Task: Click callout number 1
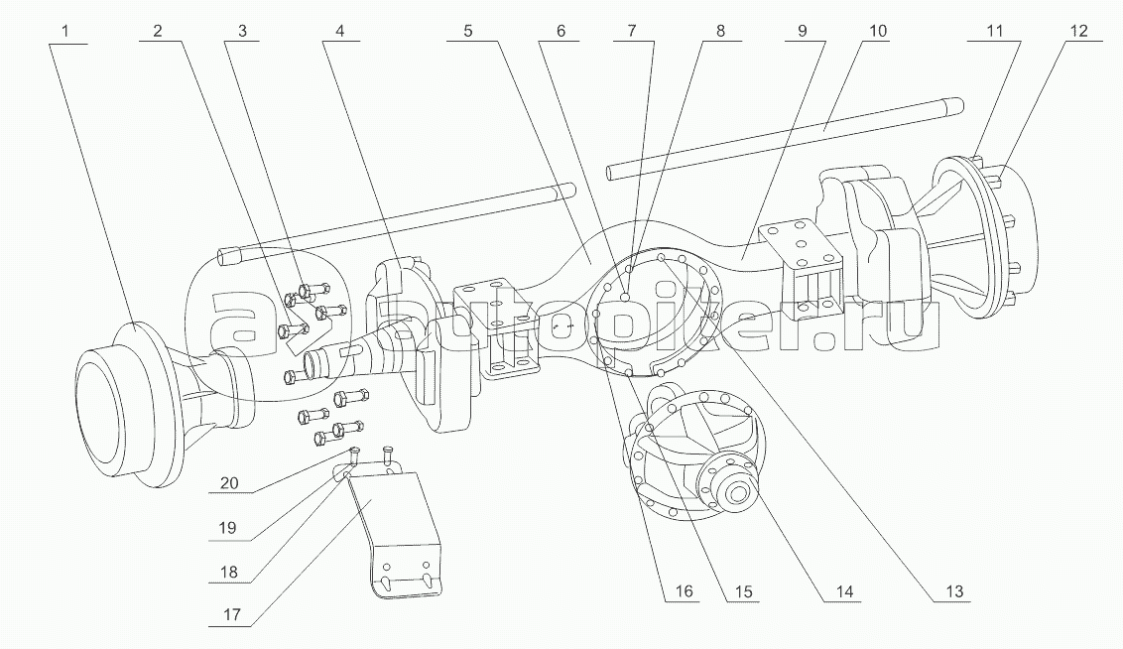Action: [65, 31]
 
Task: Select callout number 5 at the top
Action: [465, 31]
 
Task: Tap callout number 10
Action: [877, 31]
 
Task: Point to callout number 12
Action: [1077, 31]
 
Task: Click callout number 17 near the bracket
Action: [229, 614]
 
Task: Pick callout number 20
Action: [229, 484]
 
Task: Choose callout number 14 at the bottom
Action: [845, 592]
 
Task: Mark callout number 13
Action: [954, 592]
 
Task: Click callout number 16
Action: [684, 592]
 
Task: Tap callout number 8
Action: [720, 31]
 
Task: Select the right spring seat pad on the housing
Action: [799, 238]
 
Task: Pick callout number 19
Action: [229, 528]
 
